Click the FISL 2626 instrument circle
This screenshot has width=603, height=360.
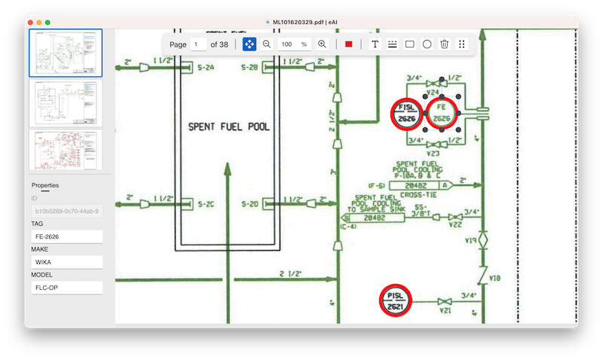click(x=408, y=114)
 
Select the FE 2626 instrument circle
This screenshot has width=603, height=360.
click(x=442, y=114)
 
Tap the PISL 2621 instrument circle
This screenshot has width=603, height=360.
click(x=396, y=301)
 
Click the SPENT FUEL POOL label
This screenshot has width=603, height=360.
click(x=228, y=127)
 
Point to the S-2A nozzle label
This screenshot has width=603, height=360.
click(x=206, y=69)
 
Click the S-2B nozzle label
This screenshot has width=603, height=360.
click(x=249, y=69)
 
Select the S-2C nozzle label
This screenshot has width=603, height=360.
click(x=206, y=204)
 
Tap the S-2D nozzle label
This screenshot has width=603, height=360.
click(x=249, y=204)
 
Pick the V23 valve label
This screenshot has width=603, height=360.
click(x=433, y=152)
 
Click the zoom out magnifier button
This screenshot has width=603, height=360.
click(x=267, y=44)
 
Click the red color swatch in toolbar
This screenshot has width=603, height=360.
click(x=348, y=44)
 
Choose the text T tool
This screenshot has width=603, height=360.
click(x=375, y=44)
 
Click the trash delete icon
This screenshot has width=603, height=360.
click(x=445, y=44)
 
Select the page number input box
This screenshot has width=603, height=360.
click(x=198, y=44)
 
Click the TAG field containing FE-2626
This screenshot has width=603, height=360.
click(x=66, y=236)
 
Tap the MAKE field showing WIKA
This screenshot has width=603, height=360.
click(x=66, y=262)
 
